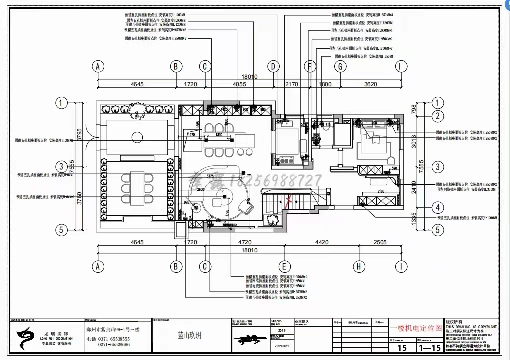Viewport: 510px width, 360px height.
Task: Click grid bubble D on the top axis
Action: click(273, 66)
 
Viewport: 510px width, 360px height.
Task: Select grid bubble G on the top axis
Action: click(340, 66)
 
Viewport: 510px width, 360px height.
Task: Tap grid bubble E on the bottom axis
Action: click(284, 267)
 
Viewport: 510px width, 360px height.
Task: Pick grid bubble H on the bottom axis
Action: click(358, 267)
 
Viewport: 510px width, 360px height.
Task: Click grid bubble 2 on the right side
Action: click(438, 117)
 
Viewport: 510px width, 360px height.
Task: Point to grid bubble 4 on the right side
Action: click(438, 207)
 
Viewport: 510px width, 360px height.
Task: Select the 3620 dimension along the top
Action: click(370, 84)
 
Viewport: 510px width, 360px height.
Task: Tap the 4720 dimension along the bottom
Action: click(244, 243)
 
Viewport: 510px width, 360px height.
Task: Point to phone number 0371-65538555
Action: click(113, 339)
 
